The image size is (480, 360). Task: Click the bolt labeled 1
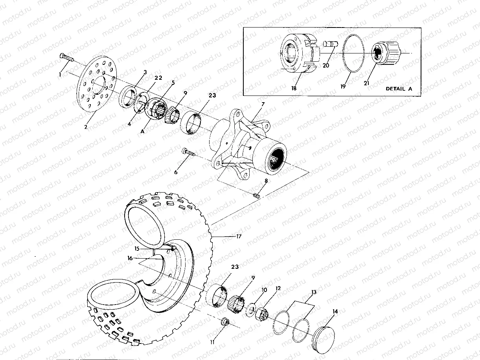67,58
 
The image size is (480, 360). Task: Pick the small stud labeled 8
257,194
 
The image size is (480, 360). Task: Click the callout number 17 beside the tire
238,237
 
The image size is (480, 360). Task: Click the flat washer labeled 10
250,310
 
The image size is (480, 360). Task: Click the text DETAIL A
399,89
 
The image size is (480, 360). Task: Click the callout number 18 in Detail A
294,89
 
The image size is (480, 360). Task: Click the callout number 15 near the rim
137,248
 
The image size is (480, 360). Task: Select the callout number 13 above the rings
313,292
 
